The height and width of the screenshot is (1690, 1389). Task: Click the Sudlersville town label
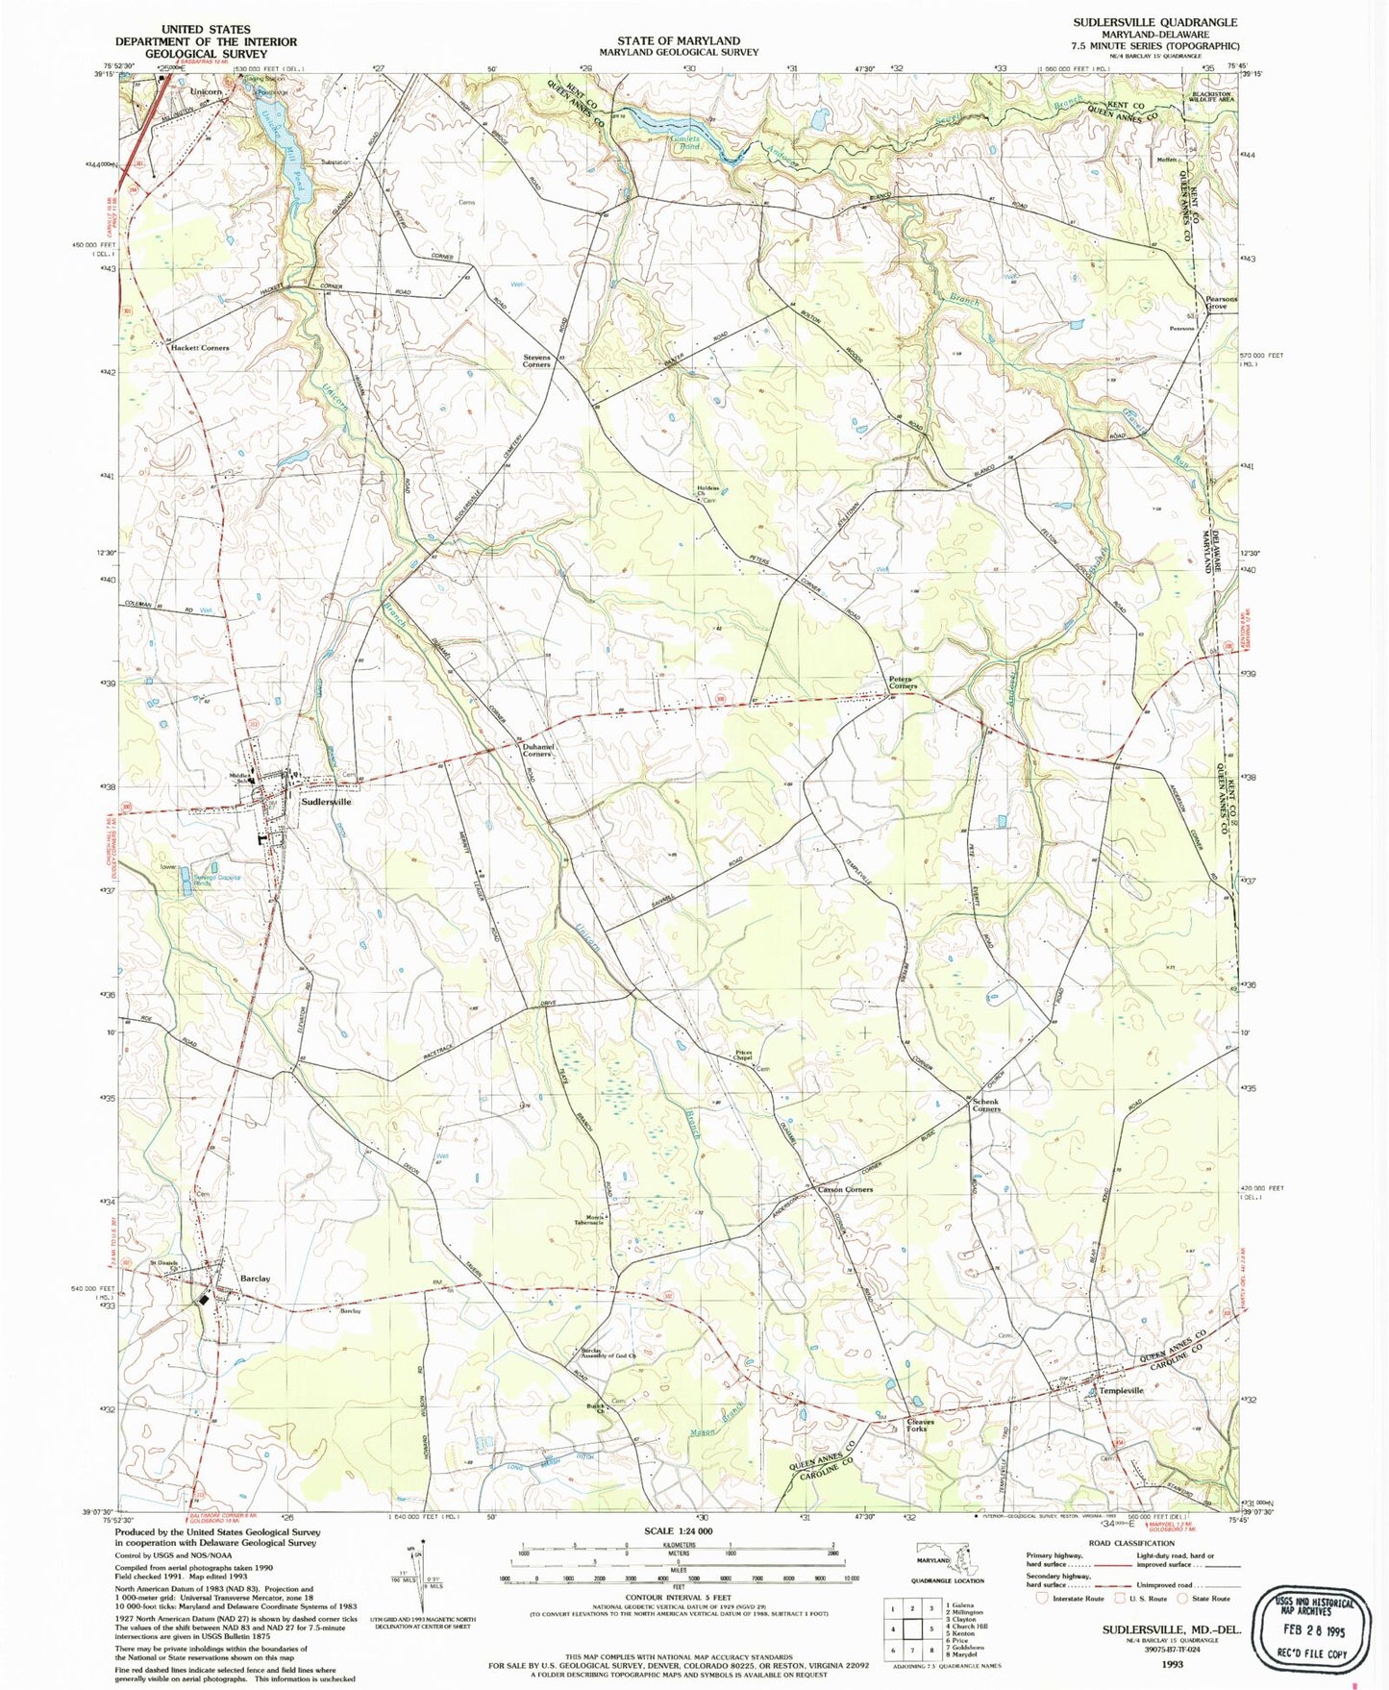326,801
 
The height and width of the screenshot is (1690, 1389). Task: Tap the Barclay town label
255,1279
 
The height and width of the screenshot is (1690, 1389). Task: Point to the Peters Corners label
903,683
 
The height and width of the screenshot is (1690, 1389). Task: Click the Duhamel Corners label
536,750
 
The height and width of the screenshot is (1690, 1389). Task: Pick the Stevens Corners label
536,360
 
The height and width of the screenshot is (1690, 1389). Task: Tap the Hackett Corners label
200,347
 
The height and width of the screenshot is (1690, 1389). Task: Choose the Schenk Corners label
985,1105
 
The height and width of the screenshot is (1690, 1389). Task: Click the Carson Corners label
845,1189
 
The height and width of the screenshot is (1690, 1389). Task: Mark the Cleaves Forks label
920,1425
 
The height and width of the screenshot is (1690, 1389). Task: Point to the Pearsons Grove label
1222,303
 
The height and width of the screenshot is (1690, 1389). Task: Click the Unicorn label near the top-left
206,91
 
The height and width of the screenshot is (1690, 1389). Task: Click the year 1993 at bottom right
1172,1663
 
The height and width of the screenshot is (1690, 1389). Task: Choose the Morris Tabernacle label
588,1219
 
